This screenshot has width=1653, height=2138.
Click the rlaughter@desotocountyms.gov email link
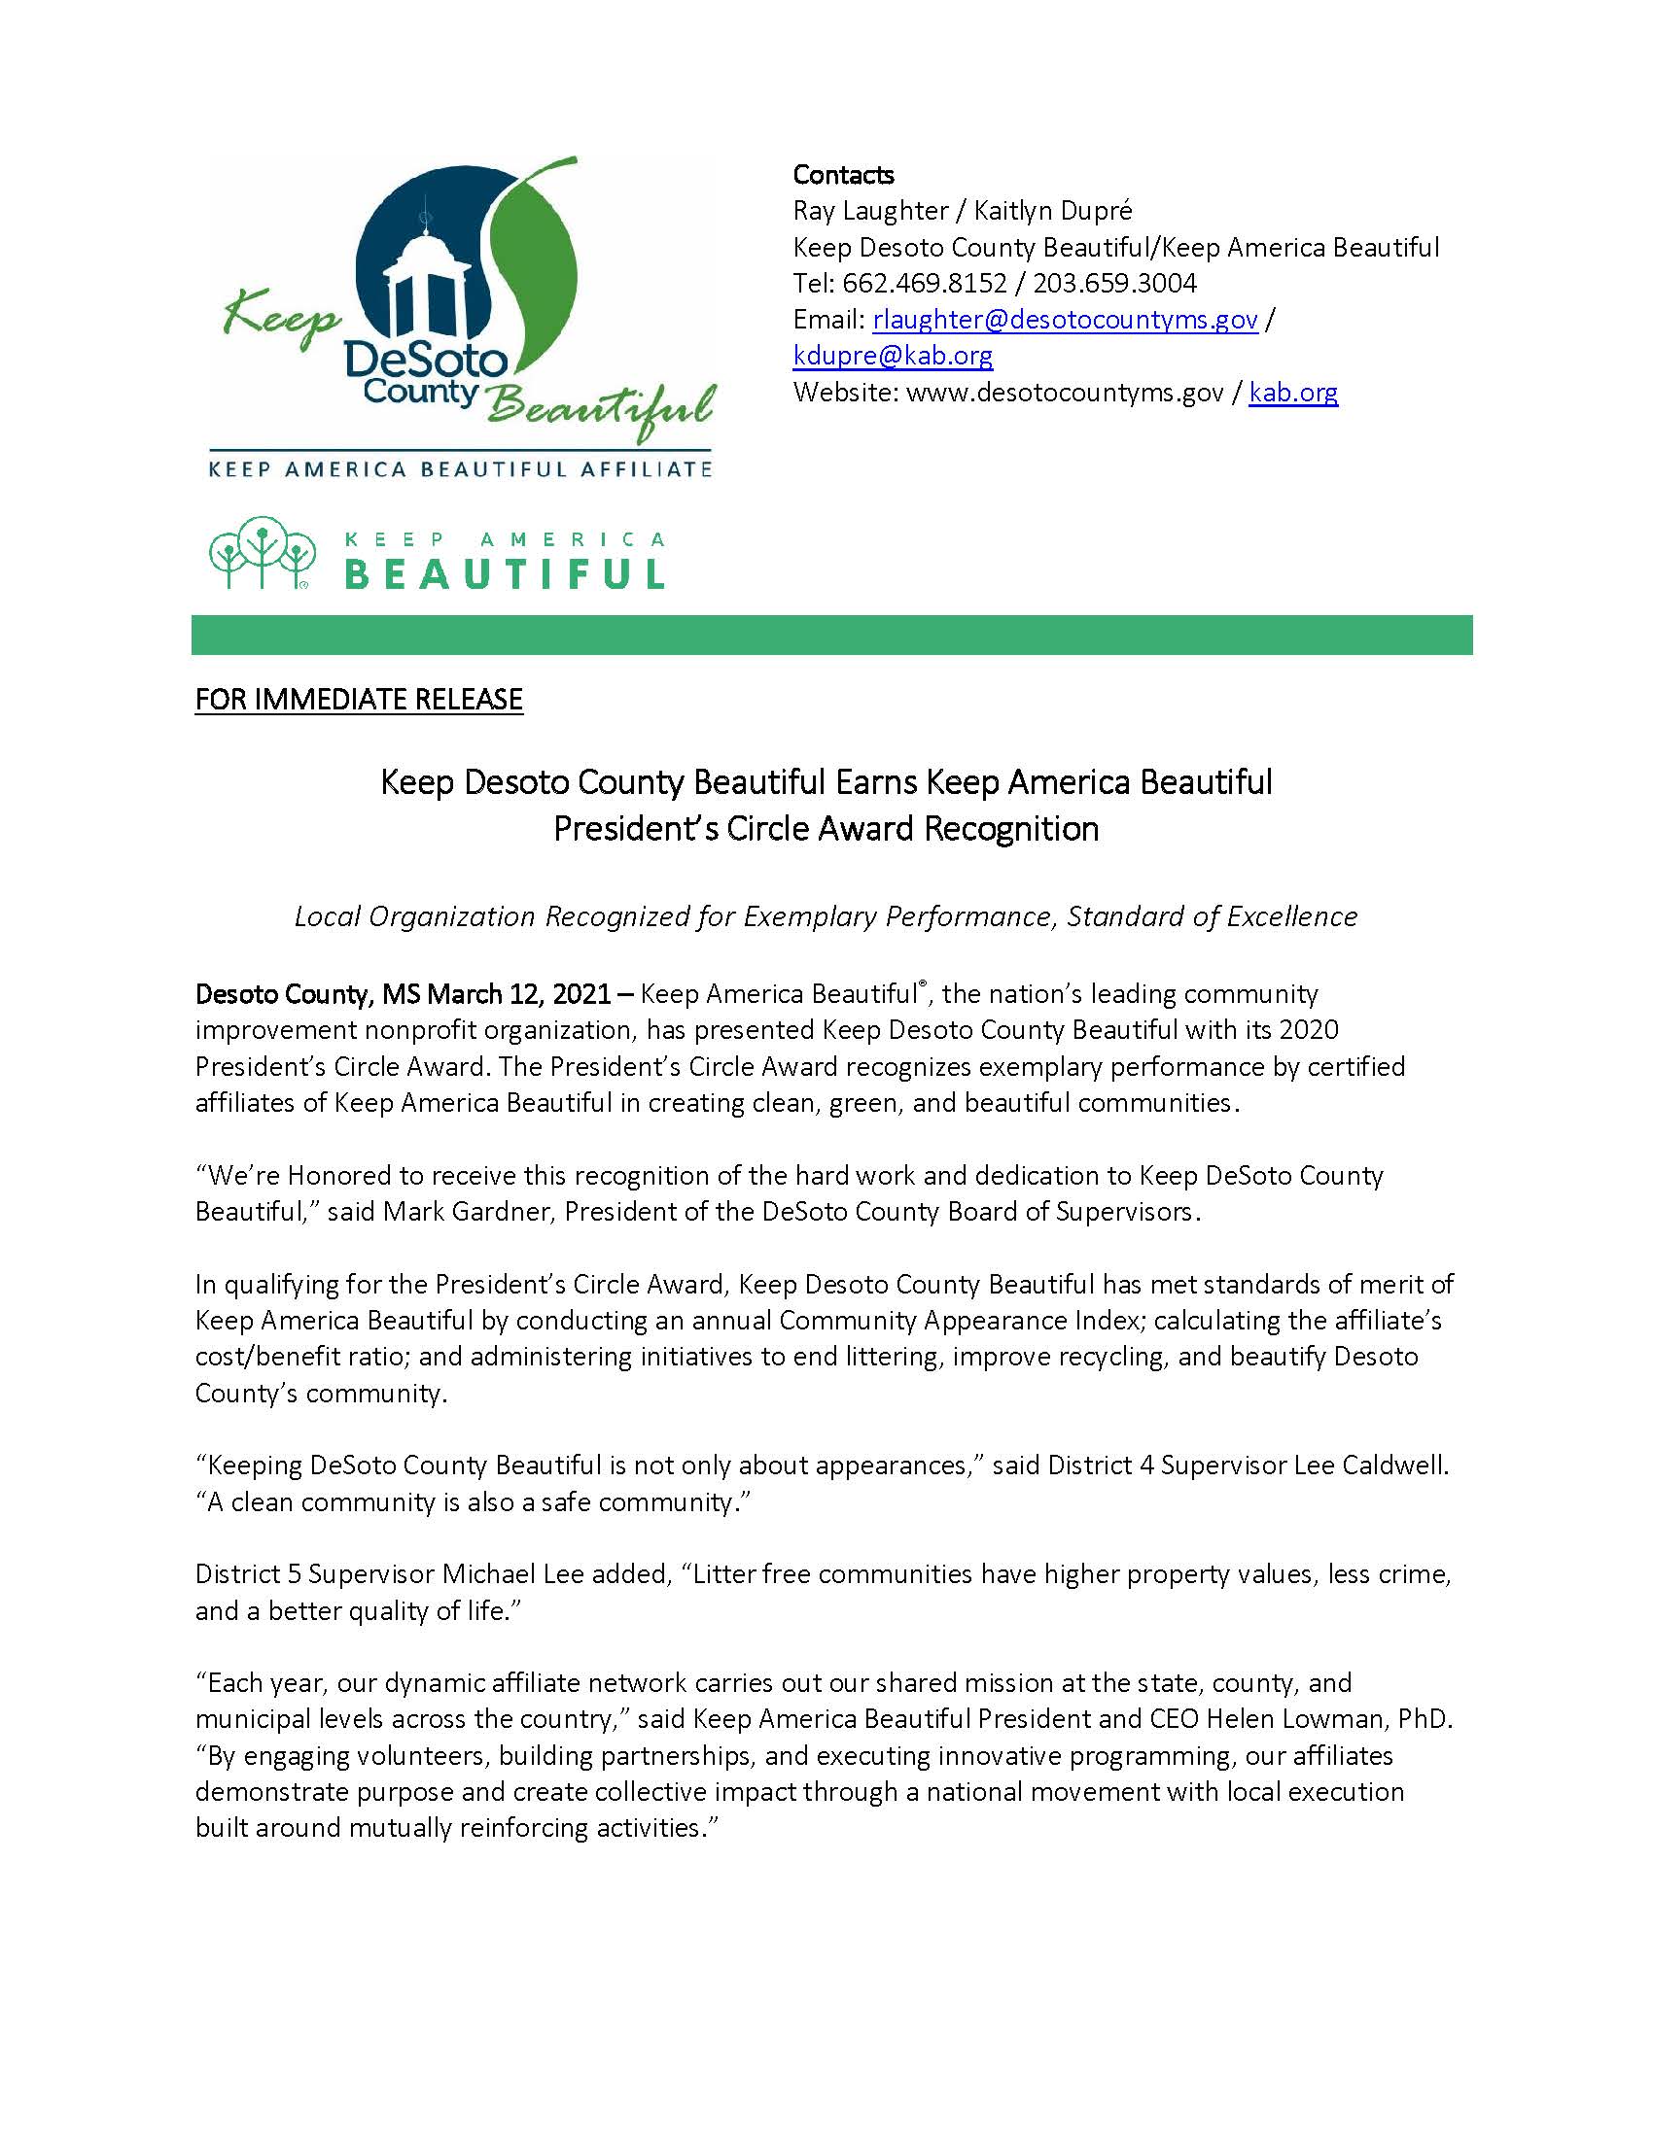click(x=1065, y=320)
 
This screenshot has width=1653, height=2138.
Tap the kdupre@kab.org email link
click(x=892, y=357)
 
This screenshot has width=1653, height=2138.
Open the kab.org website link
click(x=1292, y=393)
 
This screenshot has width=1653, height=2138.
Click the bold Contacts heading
click(x=842, y=174)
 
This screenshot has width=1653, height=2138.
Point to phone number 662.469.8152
click(x=924, y=284)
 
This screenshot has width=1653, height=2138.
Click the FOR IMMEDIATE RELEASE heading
click(x=359, y=699)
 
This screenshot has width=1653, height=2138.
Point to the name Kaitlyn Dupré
click(x=1053, y=211)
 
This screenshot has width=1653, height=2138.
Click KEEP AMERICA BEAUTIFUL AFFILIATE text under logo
click(x=460, y=469)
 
